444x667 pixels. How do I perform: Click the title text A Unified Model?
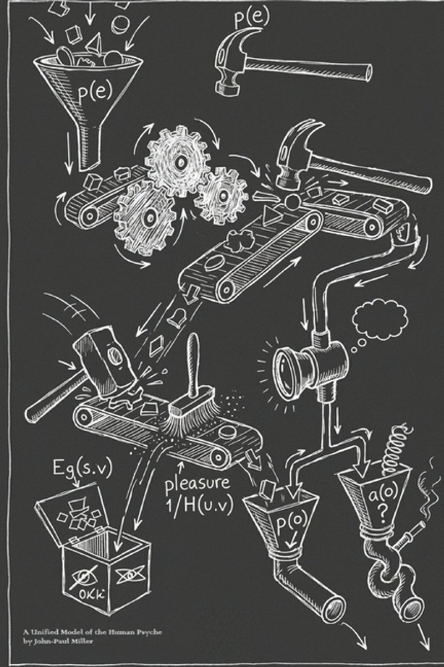61,631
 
